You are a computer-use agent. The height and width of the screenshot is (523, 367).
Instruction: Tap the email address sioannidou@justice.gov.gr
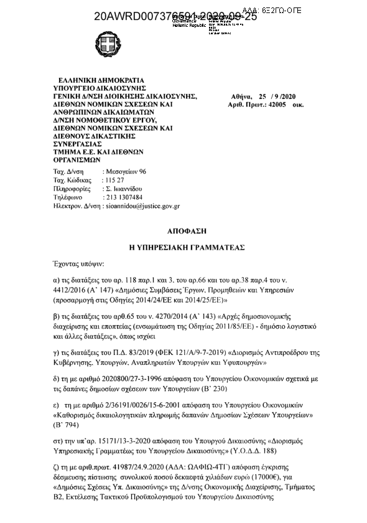click(143, 205)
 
